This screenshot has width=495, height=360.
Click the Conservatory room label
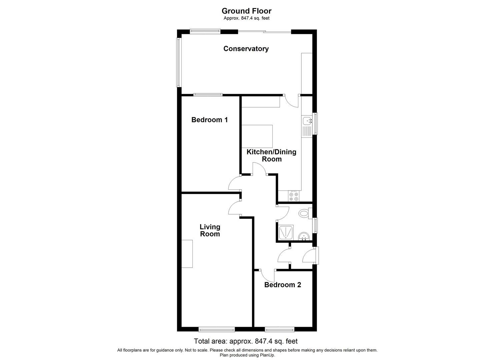coord(246,49)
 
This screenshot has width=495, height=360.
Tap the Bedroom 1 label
coord(209,120)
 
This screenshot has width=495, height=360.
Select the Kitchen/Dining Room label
coord(271,155)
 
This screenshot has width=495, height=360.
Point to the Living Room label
coord(210,230)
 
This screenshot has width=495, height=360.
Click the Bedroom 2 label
coord(283,285)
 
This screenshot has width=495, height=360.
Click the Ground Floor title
coord(246,11)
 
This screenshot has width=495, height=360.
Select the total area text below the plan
coord(246,341)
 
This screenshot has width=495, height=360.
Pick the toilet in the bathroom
coord(304,213)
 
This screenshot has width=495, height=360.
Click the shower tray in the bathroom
coord(286,232)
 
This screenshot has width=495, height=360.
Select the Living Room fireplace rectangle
coord(187,254)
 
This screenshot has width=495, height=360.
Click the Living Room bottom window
coord(216,330)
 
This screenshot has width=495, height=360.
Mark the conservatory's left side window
coord(179,62)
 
